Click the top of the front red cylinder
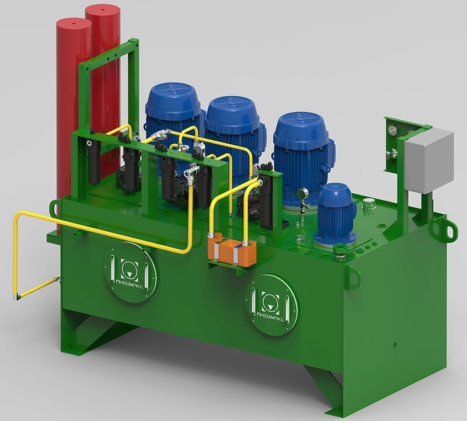tap(74, 23)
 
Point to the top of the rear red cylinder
tap(103, 9)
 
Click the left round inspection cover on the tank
tap(131, 272)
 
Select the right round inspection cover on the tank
tap(272, 305)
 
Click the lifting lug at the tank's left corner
tap(55, 208)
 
